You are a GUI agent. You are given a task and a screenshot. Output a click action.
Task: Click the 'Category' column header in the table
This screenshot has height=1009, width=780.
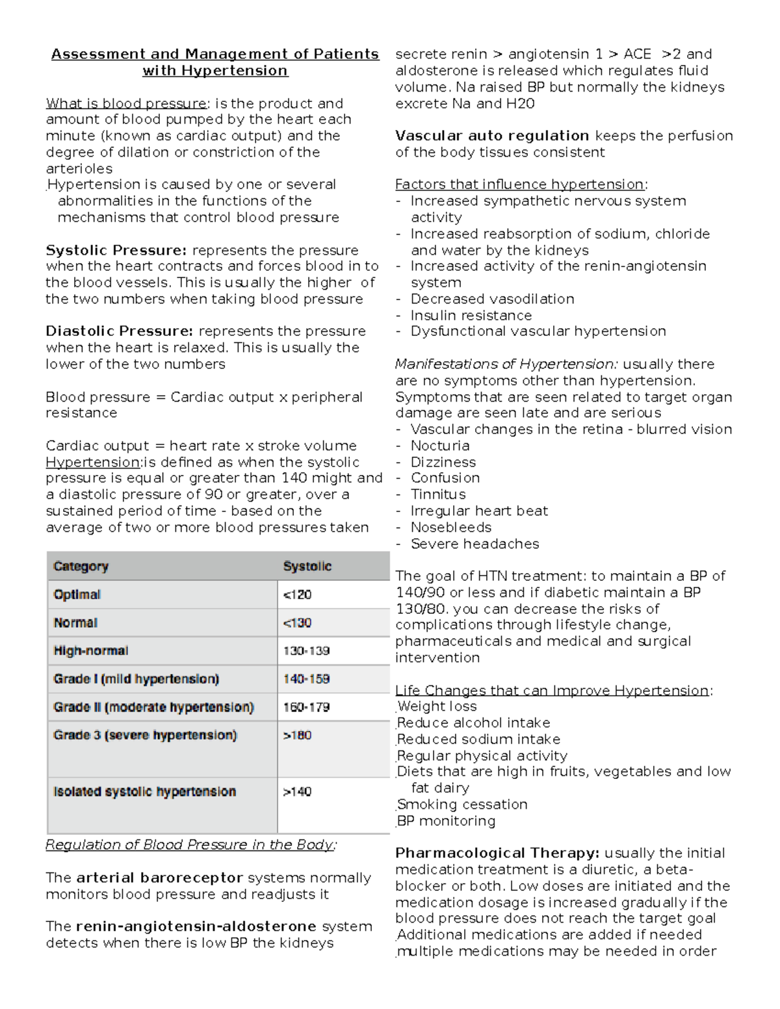tap(81, 567)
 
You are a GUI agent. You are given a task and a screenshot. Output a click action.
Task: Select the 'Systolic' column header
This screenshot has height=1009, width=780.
tap(307, 567)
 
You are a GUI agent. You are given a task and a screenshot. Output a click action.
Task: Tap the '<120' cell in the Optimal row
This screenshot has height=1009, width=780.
tap(297, 594)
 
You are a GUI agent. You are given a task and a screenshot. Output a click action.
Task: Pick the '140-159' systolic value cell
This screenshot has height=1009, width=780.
tap(306, 679)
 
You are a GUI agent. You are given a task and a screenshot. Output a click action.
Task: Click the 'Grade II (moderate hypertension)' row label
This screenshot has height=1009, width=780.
tap(153, 707)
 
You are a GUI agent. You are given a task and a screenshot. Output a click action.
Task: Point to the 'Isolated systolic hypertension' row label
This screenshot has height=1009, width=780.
tap(144, 791)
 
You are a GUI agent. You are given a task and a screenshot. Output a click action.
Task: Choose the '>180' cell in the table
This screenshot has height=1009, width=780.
tap(297, 735)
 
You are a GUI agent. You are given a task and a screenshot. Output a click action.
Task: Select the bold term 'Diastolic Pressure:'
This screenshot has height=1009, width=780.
tap(119, 331)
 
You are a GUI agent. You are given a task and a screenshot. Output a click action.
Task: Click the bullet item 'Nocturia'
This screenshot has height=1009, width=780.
tap(440, 446)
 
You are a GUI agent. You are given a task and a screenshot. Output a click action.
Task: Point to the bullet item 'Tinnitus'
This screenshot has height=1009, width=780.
tap(438, 494)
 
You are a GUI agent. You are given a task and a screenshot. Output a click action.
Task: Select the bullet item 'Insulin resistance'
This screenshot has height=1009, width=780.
tap(471, 315)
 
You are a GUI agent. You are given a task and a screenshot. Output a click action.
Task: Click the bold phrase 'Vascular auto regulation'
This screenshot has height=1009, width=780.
tap(492, 136)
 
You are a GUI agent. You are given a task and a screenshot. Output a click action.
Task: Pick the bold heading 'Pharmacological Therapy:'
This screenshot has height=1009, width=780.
tap(497, 853)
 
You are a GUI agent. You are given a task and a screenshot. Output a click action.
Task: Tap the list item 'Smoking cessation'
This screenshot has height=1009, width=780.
tap(462, 804)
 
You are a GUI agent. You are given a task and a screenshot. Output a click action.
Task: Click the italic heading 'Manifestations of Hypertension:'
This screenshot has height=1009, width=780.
tap(506, 364)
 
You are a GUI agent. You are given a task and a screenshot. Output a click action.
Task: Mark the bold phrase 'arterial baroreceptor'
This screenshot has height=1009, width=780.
tap(160, 878)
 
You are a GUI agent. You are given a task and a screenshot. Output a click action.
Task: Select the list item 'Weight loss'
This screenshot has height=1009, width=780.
tap(437, 706)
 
